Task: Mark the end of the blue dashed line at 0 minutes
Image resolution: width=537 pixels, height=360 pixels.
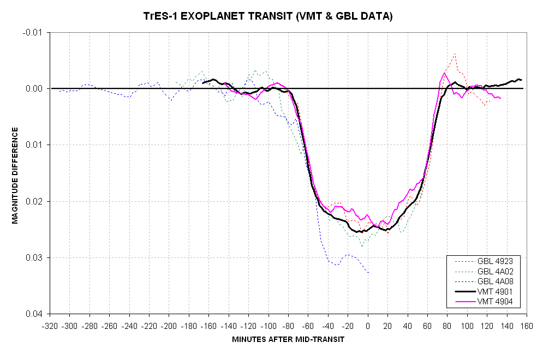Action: pos(368,273)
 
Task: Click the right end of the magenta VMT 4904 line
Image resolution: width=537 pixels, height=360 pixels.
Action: pos(500,98)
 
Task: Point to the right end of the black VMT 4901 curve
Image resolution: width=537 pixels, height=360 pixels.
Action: pos(522,80)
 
